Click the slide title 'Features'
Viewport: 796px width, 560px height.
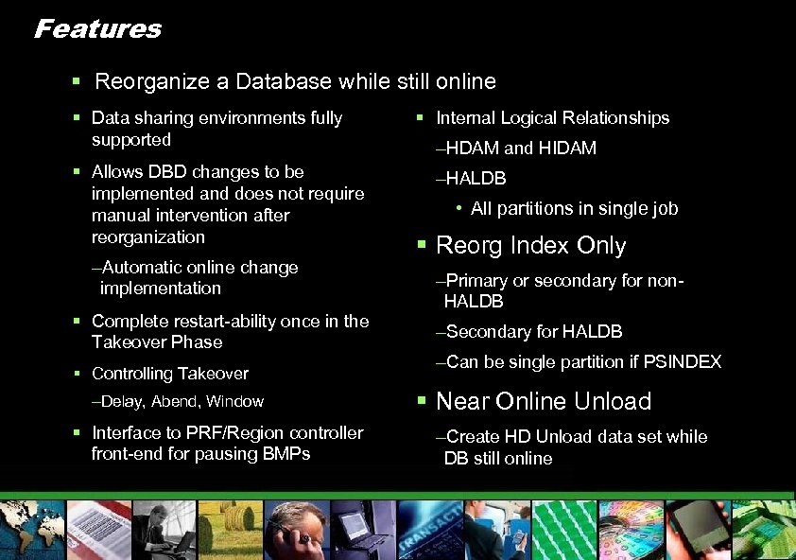pos(97,29)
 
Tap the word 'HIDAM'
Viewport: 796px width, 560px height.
pos(567,149)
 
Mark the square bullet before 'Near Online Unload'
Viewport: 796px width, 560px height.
pos(421,402)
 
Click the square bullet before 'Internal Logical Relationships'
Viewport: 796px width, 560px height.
pos(421,118)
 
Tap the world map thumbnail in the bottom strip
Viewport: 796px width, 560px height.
pos(33,530)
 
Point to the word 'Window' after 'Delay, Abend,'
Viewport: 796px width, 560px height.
pos(235,402)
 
